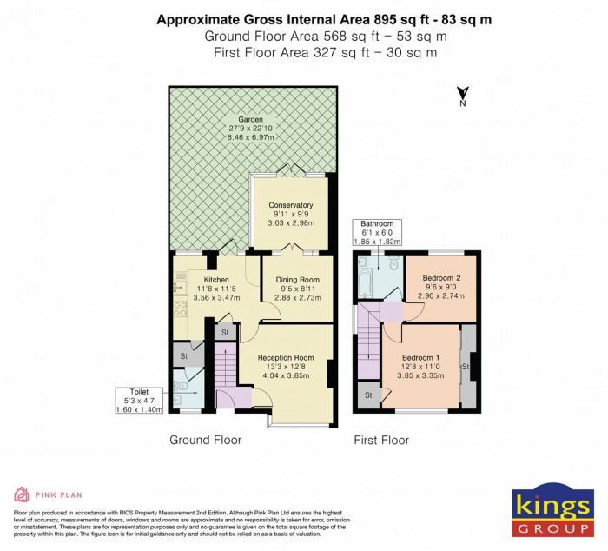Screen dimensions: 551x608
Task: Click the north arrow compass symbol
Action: point(463,96)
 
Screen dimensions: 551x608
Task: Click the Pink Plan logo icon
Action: point(21,495)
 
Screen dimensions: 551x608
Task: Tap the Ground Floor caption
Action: point(205,441)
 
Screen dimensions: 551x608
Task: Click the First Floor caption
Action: point(380,441)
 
